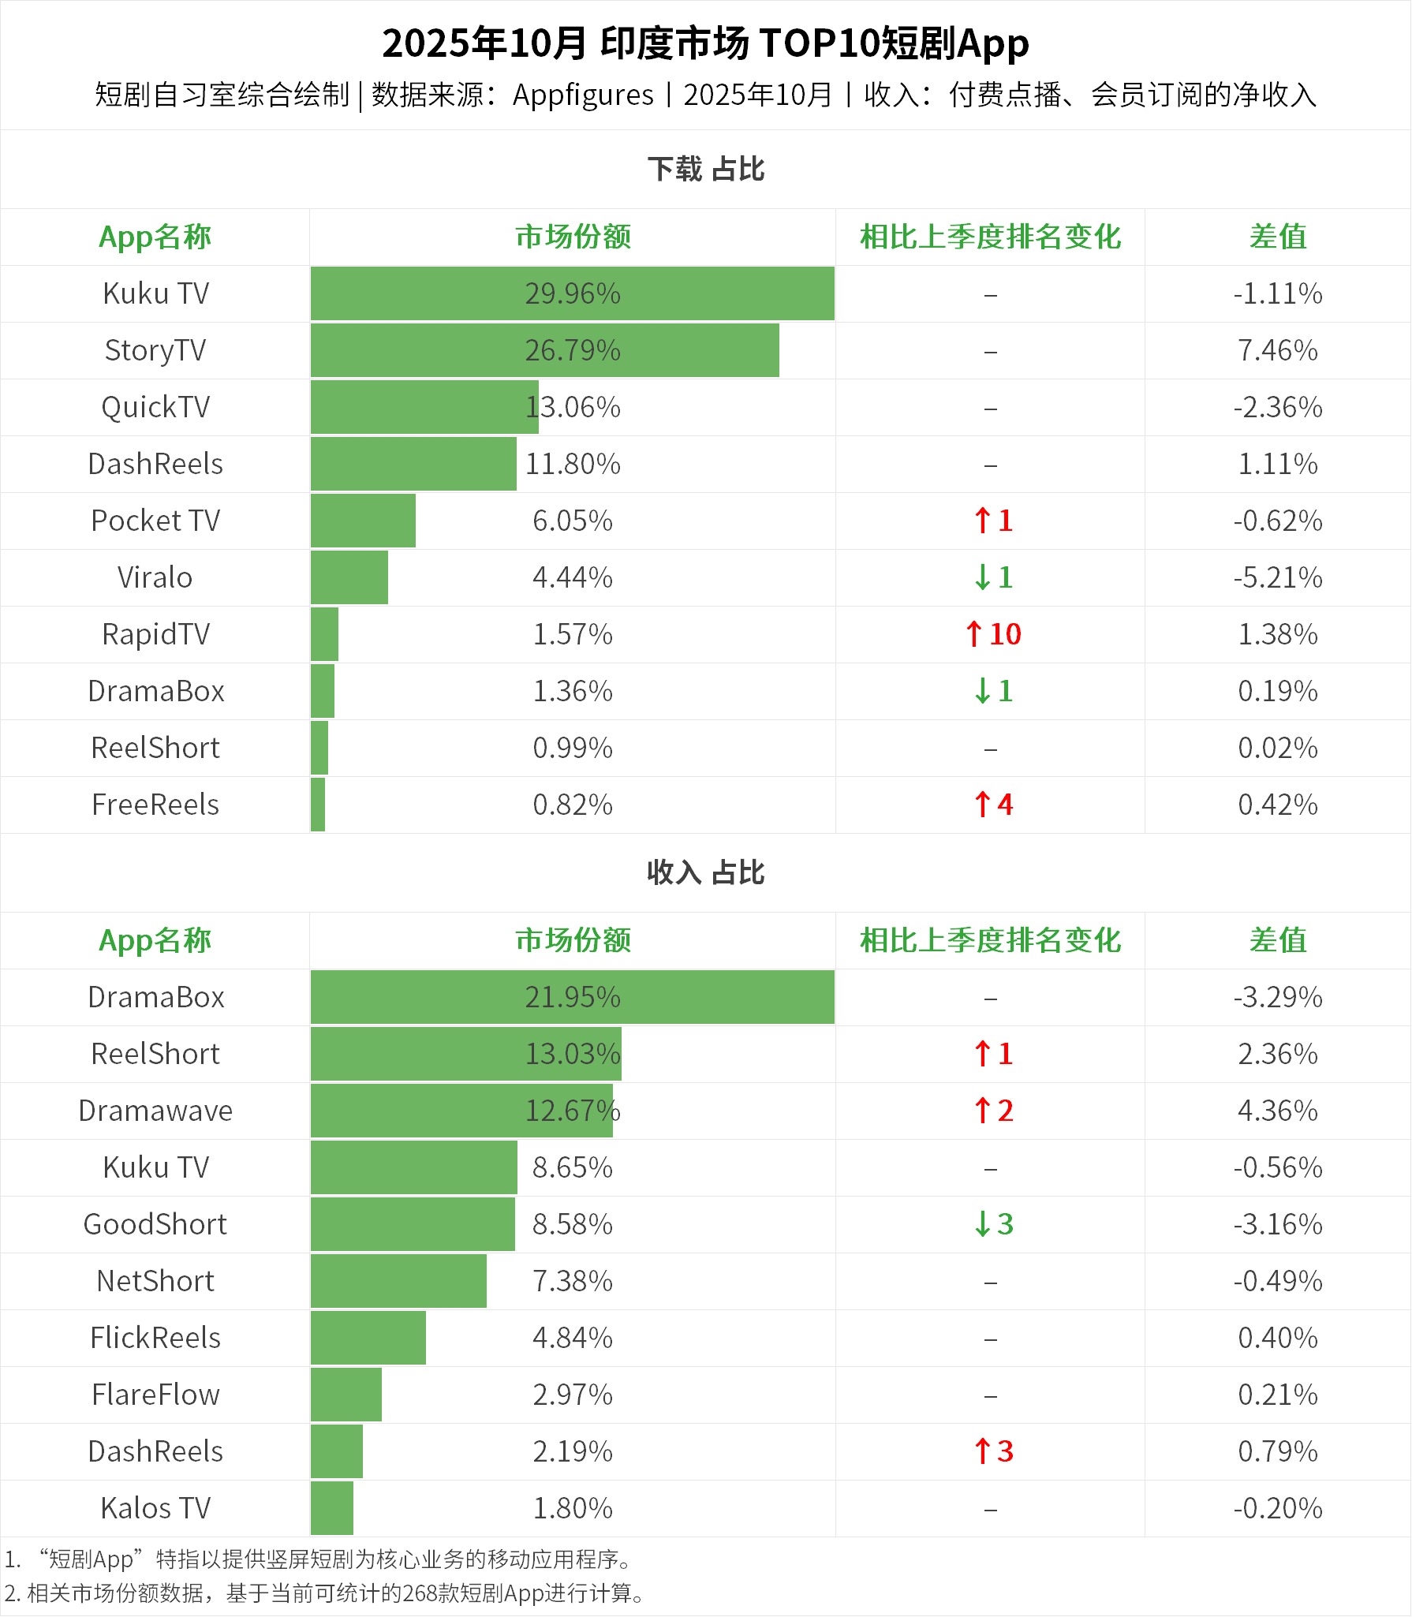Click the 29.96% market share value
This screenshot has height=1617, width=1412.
(573, 293)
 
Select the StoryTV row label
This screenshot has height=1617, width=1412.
(155, 350)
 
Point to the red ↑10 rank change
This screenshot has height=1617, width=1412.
(993, 634)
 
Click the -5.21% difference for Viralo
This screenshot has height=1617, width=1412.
(1277, 577)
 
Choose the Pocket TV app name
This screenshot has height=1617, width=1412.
(155, 521)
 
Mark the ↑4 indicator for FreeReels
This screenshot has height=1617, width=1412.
(993, 805)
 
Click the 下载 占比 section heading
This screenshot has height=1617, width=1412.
(706, 170)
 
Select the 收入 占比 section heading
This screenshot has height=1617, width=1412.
(706, 873)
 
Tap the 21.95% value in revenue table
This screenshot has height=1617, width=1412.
(573, 997)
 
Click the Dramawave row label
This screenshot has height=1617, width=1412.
(155, 1111)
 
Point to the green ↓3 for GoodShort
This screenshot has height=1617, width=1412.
(993, 1224)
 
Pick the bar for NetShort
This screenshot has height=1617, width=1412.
(398, 1281)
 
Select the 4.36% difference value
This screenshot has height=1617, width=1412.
(1277, 1111)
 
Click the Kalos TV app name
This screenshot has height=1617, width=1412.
(155, 1508)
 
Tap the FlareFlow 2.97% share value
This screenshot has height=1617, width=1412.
(573, 1395)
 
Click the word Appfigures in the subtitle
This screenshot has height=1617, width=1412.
(583, 95)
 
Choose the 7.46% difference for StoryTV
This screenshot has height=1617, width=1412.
(1277, 350)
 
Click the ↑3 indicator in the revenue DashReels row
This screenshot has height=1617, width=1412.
(993, 1451)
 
